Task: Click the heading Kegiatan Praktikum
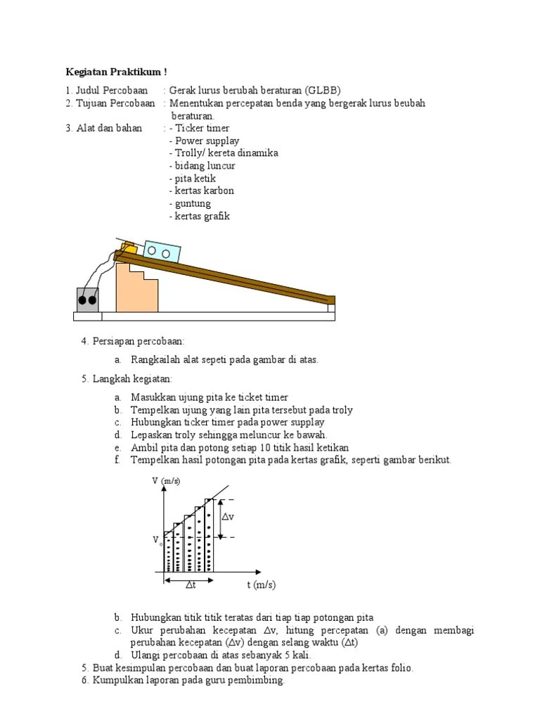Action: [116, 72]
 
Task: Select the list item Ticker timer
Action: [202, 128]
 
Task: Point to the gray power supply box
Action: [87, 299]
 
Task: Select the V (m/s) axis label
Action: [166, 481]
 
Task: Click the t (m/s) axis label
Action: [261, 585]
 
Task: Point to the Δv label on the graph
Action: [228, 517]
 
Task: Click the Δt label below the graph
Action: [191, 585]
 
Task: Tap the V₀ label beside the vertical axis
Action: [157, 540]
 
